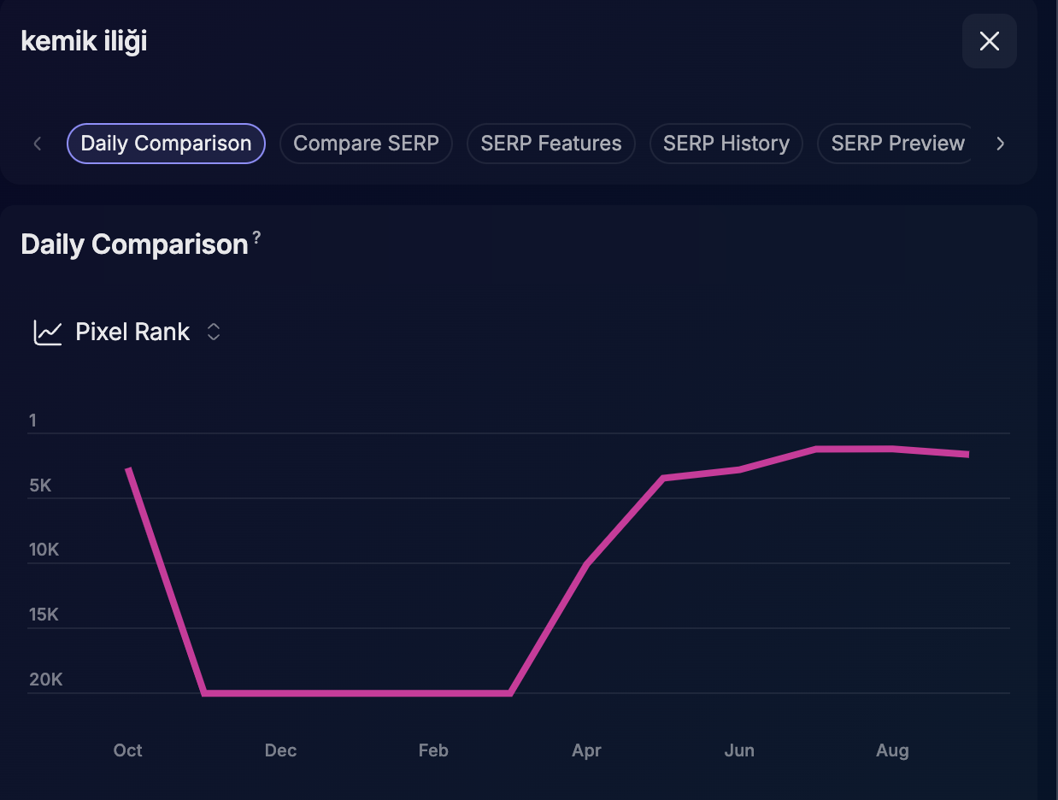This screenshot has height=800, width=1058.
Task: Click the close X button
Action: tap(989, 41)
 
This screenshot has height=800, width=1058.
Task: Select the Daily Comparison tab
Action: tap(166, 144)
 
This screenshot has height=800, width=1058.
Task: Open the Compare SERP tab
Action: tap(366, 144)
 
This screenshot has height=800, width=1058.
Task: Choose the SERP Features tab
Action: tap(551, 144)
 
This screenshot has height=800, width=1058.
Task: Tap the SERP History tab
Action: tap(726, 144)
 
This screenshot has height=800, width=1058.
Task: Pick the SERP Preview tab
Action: tap(897, 144)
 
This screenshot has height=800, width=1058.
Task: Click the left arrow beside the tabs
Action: tap(37, 144)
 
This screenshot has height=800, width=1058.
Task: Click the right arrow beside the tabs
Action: tap(1000, 144)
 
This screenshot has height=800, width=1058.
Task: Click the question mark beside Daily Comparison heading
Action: tap(256, 237)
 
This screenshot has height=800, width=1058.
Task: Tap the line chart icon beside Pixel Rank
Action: tap(47, 332)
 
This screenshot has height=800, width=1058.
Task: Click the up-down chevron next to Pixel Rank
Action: tap(214, 332)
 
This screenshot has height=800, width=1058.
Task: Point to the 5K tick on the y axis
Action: tap(40, 485)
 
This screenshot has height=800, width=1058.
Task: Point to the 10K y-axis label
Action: tap(44, 550)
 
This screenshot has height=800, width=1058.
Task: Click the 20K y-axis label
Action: tap(46, 679)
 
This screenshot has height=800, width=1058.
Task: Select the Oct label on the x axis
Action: tap(127, 750)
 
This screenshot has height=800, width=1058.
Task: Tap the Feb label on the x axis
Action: tap(433, 750)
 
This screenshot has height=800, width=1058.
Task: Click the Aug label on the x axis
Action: tap(892, 750)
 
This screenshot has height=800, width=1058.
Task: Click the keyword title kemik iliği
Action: tap(84, 41)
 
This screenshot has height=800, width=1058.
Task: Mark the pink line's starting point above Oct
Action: tap(128, 468)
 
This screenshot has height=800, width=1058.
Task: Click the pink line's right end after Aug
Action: tap(968, 454)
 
